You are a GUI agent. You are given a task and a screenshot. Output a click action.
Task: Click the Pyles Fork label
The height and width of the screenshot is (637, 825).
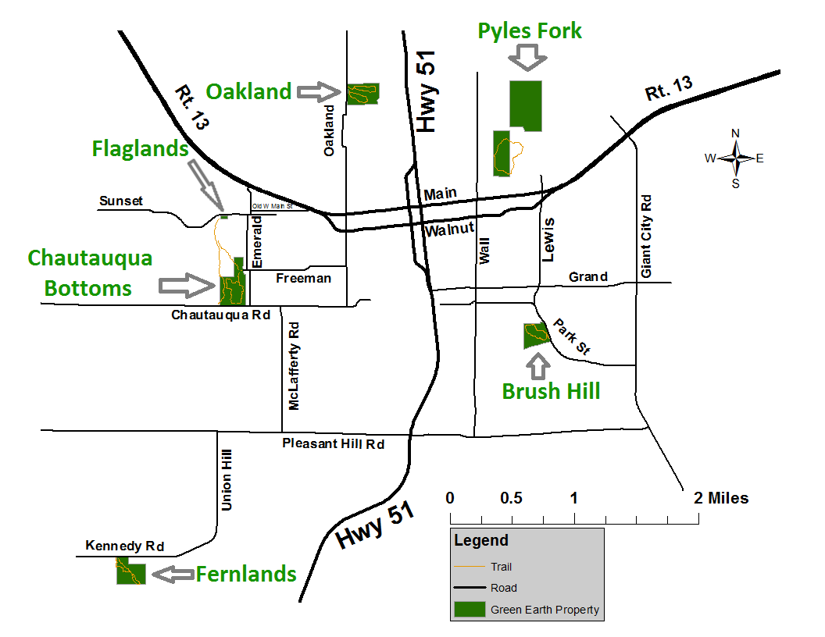tap(530, 31)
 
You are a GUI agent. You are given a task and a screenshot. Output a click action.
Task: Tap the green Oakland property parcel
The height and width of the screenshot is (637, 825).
tap(362, 94)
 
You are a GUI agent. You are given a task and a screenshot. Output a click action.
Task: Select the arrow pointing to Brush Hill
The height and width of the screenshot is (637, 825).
tap(537, 365)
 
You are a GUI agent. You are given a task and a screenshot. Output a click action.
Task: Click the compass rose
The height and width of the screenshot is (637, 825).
tap(734, 158)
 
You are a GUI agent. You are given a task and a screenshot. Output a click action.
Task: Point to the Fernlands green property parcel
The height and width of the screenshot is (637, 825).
tap(130, 573)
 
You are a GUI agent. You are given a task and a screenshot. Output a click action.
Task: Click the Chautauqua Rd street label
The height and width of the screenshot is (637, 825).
tap(221, 315)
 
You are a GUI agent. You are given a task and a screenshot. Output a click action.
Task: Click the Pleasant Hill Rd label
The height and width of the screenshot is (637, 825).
tap(334, 443)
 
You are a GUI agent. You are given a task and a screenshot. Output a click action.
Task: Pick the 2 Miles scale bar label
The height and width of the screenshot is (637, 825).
tap(720, 498)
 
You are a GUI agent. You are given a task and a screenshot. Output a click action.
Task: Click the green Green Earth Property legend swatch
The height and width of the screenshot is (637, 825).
tap(469, 609)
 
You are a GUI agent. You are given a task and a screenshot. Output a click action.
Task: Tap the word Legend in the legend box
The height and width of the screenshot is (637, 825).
tap(481, 540)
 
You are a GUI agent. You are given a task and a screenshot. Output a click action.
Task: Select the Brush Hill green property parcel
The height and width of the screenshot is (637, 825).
tap(535, 336)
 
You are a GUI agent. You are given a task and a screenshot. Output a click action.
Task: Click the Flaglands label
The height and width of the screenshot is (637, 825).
tap(140, 148)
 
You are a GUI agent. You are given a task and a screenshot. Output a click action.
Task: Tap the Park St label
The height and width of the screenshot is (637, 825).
tap(572, 338)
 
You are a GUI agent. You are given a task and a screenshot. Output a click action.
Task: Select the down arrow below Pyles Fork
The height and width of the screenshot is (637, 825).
tap(527, 56)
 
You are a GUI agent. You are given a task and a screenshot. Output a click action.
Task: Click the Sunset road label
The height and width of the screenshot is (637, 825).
tap(121, 201)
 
